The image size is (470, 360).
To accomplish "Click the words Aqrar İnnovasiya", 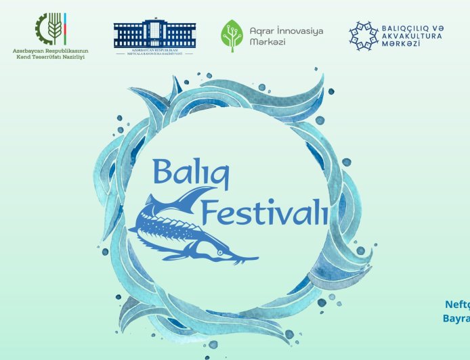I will (x=287, y=31).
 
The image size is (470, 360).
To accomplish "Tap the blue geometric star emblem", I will (x=363, y=36).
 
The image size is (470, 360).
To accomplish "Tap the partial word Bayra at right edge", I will (x=456, y=317).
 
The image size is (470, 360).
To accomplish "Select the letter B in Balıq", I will (x=163, y=171).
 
